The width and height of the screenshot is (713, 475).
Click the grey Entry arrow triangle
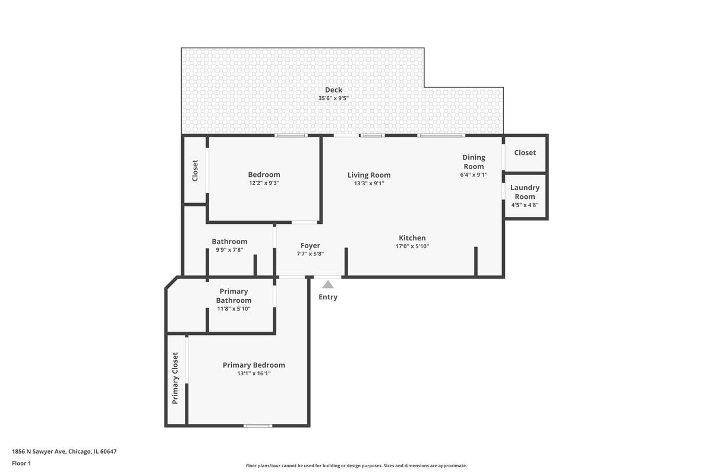pyautogui.click(x=328, y=284)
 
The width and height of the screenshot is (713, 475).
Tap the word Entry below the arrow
pyautogui.click(x=328, y=297)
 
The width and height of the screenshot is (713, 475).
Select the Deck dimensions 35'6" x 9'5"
pyautogui.click(x=333, y=99)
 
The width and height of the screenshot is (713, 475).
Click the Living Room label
pyautogui.click(x=369, y=175)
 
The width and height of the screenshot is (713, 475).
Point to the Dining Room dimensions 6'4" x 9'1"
pyautogui.click(x=474, y=175)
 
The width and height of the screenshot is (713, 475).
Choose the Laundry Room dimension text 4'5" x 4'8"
pyautogui.click(x=525, y=205)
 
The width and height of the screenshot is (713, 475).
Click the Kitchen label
pyautogui.click(x=412, y=238)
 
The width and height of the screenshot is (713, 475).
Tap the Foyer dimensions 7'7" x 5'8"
pyautogui.click(x=310, y=254)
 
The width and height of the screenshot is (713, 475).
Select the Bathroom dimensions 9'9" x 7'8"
pyautogui.click(x=229, y=250)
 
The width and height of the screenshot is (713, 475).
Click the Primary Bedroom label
pyautogui.click(x=254, y=365)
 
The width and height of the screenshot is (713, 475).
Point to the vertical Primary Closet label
pyautogui.click(x=175, y=378)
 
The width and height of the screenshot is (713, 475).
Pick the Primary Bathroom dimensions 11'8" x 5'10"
pyautogui.click(x=234, y=309)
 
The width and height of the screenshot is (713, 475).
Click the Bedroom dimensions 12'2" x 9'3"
pyautogui.click(x=264, y=183)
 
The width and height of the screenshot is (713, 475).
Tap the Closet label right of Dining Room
pyautogui.click(x=525, y=153)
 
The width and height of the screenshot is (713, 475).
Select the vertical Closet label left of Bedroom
pyautogui.click(x=195, y=170)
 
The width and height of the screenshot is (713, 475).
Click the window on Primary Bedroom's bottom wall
pyautogui.click(x=258, y=426)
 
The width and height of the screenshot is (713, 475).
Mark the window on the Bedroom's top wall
pyautogui.click(x=291, y=135)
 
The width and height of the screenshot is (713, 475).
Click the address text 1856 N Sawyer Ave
pyautogui.click(x=39, y=451)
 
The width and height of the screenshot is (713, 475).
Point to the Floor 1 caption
pyautogui.click(x=21, y=464)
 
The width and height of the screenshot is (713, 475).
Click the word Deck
pyautogui.click(x=333, y=90)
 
